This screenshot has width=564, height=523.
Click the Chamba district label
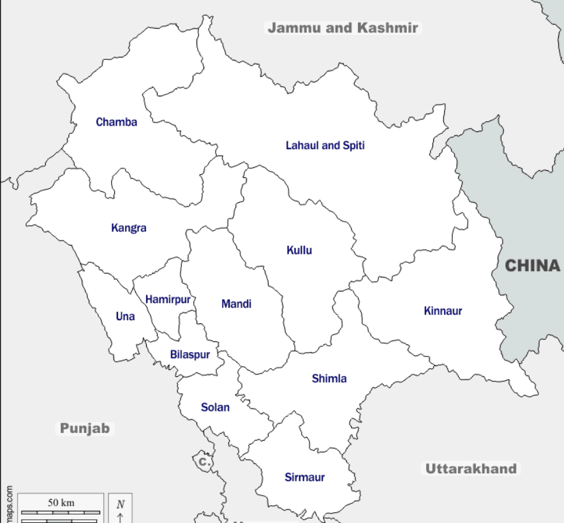[x=116, y=122]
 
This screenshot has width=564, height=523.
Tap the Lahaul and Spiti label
[x=325, y=145]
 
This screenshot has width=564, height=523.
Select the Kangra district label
[x=128, y=228]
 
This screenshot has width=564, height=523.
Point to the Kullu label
[x=299, y=250]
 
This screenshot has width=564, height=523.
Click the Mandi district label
[x=236, y=304]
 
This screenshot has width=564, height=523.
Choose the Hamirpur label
[x=168, y=299]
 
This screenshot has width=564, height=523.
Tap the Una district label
[x=125, y=316]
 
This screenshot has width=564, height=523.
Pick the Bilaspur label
[x=189, y=355]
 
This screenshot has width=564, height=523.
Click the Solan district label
[x=215, y=407]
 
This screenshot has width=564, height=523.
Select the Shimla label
[x=329, y=378]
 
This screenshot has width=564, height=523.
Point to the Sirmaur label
[x=304, y=477]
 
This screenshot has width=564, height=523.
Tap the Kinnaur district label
[x=443, y=311]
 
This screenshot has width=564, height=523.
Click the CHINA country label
[x=532, y=265]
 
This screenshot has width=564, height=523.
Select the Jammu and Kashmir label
[x=343, y=28]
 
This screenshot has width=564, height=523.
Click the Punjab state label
[x=85, y=428]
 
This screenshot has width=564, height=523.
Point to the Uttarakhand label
[x=471, y=469]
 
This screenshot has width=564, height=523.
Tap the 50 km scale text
[x=61, y=503]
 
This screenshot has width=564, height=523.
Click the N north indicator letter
[x=121, y=504]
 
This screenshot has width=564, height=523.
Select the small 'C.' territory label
[x=204, y=460]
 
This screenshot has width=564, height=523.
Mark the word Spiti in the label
[x=353, y=145]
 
